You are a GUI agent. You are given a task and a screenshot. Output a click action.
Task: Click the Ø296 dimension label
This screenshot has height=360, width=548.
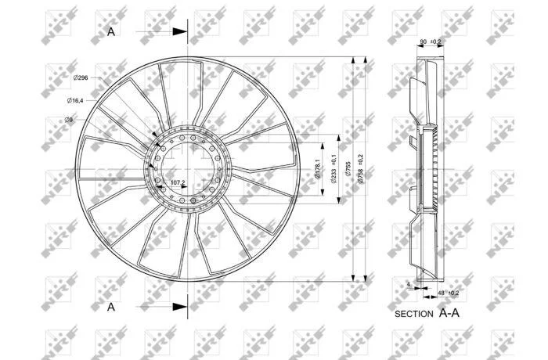pos(81,77)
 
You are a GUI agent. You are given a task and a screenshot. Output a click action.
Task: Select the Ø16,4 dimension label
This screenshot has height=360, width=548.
pos(75,101)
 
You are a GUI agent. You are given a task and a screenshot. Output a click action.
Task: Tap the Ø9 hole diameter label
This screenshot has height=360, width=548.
pos(69,120)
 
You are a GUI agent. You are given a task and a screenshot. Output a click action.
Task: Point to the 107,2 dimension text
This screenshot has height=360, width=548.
pos(178,182)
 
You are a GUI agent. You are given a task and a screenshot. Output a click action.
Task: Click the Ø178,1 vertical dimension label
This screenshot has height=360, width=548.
pos(318,169)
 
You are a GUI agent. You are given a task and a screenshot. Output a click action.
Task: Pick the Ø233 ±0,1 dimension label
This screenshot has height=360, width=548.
pos(333,169)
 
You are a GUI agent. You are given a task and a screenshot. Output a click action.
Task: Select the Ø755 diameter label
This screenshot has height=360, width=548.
pos(348,168)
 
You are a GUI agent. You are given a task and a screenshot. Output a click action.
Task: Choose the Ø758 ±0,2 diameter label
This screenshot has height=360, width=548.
pos(360,169)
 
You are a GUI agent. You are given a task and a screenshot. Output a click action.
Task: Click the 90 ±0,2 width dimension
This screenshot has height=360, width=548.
pos(431,41)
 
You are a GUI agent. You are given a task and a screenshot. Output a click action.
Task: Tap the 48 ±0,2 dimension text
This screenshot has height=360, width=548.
pos(449,293)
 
